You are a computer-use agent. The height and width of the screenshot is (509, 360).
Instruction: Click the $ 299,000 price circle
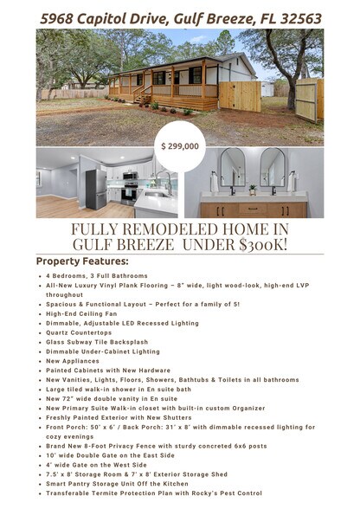click(180, 146)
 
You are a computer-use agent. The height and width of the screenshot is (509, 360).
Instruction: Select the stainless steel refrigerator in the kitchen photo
click(95, 188)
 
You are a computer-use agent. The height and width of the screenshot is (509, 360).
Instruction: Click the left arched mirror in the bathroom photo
click(232, 168)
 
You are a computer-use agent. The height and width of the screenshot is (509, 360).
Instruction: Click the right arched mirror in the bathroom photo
click(273, 168)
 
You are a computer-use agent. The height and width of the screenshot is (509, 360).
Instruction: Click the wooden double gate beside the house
click(240, 94)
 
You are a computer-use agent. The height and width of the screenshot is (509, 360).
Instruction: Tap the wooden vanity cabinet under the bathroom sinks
click(253, 209)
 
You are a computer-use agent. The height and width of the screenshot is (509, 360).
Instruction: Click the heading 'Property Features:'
click(82, 261)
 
